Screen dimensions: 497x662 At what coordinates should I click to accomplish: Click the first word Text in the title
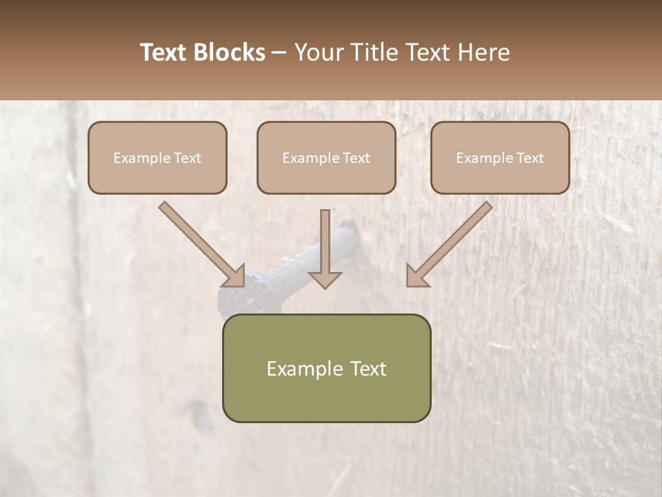[x=163, y=52]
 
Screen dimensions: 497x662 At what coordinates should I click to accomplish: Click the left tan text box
[x=157, y=157]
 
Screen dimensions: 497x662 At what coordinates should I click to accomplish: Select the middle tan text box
[x=326, y=157]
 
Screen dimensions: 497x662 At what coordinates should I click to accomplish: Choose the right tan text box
[x=500, y=157]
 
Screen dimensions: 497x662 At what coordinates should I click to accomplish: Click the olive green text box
[x=326, y=368]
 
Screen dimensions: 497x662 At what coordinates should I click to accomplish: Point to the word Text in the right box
[x=530, y=158]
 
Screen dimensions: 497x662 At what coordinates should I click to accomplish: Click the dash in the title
[x=279, y=52]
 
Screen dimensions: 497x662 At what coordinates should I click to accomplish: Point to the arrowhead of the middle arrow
[x=325, y=280]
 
